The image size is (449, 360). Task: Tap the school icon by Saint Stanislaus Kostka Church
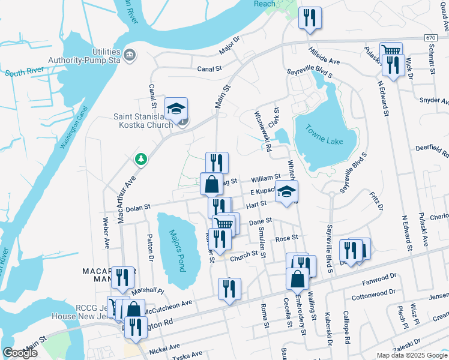pyautogui.click(x=176, y=109)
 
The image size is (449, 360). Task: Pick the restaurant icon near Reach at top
pyautogui.click(x=310, y=17)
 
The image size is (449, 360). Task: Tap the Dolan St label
pyautogui.click(x=137, y=209)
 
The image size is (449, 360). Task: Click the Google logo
pyautogui.click(x=20, y=353)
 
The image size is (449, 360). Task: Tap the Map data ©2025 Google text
pyautogui.click(x=411, y=355)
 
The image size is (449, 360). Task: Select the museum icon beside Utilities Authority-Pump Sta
pyautogui.click(x=129, y=56)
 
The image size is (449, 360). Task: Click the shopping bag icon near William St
pyautogui.click(x=211, y=184)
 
